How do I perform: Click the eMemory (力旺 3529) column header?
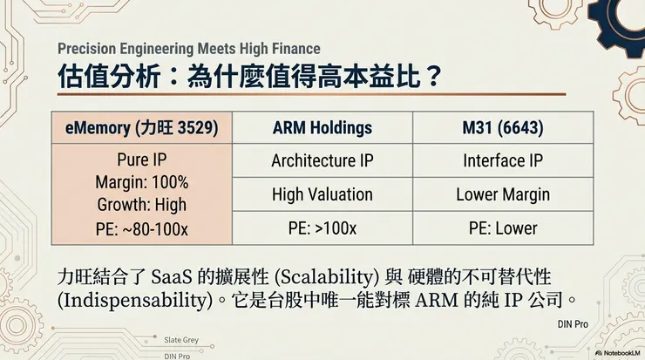[x=141, y=128]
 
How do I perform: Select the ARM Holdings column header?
[x=322, y=128]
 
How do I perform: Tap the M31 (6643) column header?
[x=503, y=128]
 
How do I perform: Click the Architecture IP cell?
[x=322, y=160]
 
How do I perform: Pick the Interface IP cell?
[x=503, y=160]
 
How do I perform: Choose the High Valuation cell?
[x=322, y=194]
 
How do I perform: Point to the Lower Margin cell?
[x=503, y=194]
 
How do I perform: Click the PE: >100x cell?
[x=322, y=228]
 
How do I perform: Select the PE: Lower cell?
[x=503, y=228]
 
